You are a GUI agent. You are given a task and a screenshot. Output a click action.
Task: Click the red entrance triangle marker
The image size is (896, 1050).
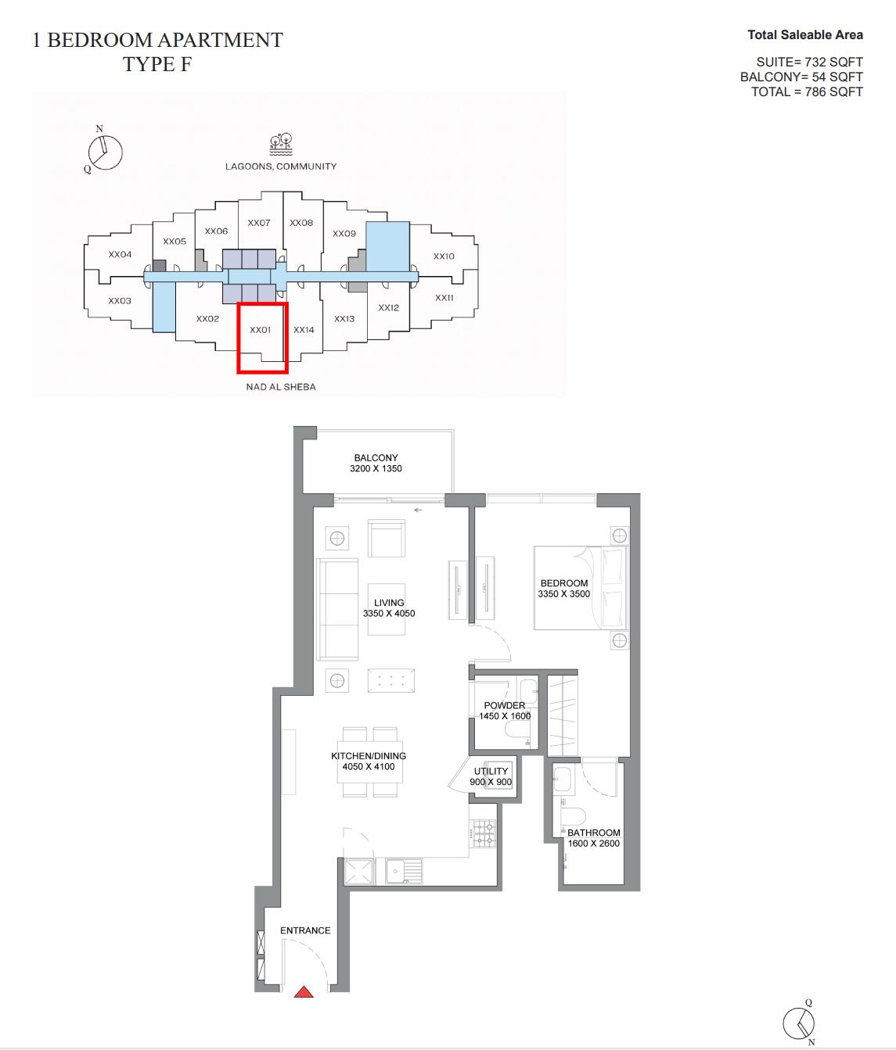[304, 991]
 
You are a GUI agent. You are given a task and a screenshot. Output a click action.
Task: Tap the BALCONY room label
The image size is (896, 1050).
[376, 457]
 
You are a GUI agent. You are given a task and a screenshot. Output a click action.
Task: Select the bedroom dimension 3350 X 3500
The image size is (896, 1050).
[564, 594]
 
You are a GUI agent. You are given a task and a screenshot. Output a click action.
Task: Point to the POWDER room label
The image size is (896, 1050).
[505, 705]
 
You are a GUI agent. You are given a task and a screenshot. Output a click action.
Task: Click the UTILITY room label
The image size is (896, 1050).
[491, 771]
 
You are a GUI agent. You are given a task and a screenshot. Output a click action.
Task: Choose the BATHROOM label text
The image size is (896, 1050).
[593, 833]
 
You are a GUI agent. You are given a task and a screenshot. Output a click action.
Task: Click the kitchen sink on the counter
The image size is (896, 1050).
[404, 871]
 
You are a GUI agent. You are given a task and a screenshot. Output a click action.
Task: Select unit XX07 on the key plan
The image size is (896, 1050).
[259, 223]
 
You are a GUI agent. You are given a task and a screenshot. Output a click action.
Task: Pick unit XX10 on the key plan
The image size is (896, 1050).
[444, 256]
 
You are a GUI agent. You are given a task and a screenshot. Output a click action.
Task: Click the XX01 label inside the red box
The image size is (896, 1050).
[261, 330]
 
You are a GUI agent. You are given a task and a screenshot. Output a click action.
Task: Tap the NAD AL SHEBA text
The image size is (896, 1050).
[281, 386]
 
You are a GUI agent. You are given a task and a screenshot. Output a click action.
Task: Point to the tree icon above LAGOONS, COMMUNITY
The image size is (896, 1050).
[281, 145]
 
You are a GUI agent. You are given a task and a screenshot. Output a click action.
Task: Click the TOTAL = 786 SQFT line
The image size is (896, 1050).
[807, 92]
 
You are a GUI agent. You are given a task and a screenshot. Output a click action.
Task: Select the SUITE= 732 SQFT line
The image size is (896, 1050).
[810, 62]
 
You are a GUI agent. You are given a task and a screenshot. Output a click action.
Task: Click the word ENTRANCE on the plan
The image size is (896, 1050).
[305, 930]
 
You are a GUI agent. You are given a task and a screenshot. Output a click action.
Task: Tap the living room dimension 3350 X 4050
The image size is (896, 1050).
[388, 613]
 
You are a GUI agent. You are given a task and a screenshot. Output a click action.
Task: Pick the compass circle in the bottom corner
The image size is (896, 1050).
[798, 1023]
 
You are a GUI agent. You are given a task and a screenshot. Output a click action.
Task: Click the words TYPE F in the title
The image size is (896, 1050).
[157, 64]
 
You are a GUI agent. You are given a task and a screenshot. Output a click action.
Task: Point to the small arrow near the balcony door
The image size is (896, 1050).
[418, 510]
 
